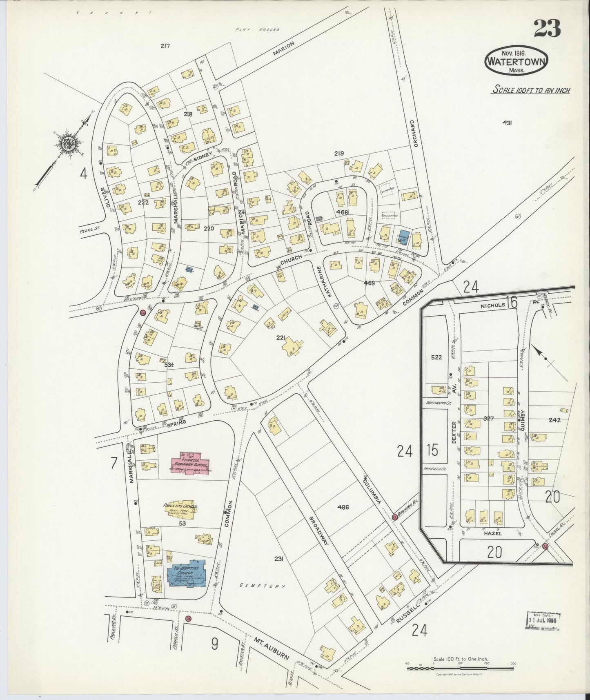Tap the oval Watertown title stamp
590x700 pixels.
[517, 61]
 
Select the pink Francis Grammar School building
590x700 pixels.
[189, 461]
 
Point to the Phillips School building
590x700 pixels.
[180, 508]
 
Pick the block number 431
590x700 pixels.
[507, 122]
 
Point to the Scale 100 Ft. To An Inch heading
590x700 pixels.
[531, 90]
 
